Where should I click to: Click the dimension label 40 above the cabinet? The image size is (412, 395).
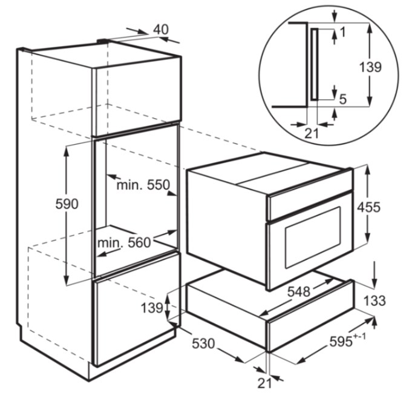click(x=161, y=30)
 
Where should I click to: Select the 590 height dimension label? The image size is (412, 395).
click(x=67, y=204)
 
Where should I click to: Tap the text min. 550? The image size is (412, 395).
click(x=143, y=185)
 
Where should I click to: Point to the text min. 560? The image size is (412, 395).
click(x=124, y=242)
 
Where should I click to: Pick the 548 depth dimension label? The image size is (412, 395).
click(x=299, y=291)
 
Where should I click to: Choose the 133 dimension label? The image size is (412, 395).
click(x=374, y=300)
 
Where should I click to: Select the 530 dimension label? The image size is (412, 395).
click(x=203, y=344)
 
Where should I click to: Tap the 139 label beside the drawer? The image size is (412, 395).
click(x=152, y=308)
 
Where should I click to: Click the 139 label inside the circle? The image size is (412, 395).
click(x=370, y=67)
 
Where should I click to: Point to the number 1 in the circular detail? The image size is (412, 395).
click(x=342, y=32)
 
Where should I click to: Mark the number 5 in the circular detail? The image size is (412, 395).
click(x=343, y=99)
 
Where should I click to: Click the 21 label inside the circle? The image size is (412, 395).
click(x=312, y=133)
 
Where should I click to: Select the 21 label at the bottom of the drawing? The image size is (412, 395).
click(x=264, y=383)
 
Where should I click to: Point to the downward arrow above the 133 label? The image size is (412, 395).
click(x=374, y=274)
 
